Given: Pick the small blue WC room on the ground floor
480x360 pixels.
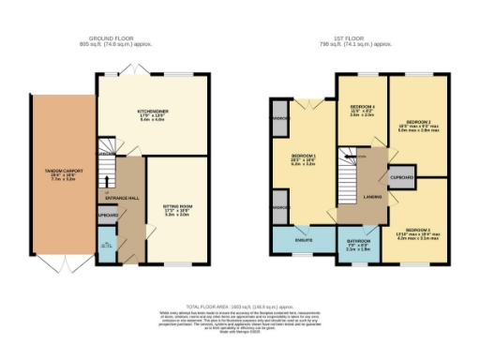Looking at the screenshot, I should [106, 246].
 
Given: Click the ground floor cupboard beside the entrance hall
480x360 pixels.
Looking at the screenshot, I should [105, 215].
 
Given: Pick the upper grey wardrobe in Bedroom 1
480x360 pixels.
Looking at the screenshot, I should [279, 121].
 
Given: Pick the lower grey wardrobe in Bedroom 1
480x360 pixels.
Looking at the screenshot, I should [279, 206].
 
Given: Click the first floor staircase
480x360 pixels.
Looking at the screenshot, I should [352, 174].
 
